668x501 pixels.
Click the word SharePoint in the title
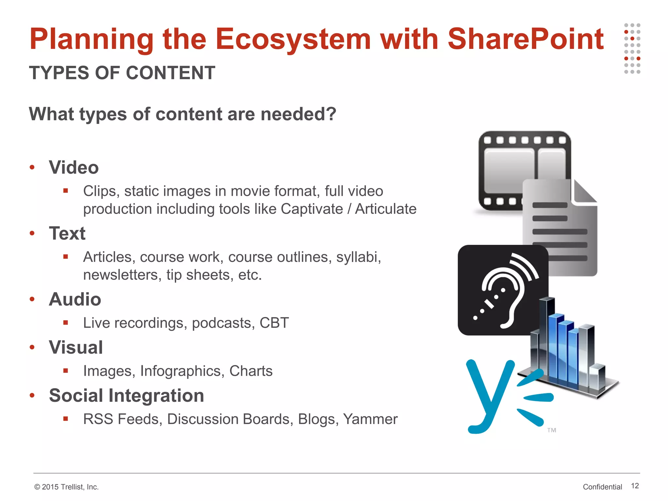coord(525,39)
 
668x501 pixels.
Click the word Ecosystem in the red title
coord(293,39)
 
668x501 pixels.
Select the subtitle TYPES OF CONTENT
coord(122,73)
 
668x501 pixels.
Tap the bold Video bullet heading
coord(74,168)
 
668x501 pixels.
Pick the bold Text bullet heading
coord(67,234)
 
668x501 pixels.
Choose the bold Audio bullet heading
coord(75,299)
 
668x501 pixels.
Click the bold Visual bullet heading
coord(76,347)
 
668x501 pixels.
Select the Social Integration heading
coord(127,396)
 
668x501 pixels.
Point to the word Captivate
coord(312,209)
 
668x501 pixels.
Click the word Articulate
coord(386,209)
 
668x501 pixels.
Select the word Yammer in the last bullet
coord(370,419)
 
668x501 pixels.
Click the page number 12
coord(635,486)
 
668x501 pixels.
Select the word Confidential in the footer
coord(602,487)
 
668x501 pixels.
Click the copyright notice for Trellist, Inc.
coord(66,487)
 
